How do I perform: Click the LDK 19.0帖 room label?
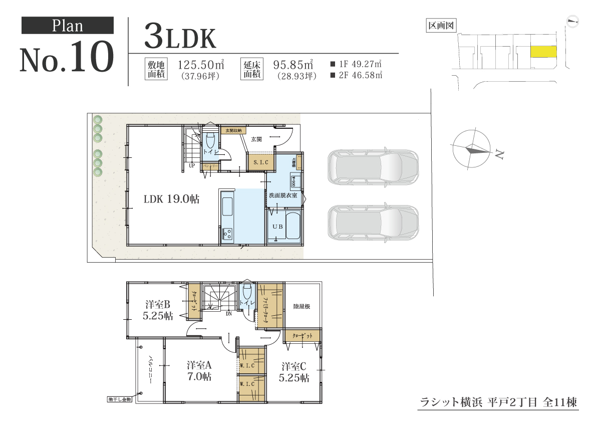click(171, 199)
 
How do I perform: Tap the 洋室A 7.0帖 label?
click(199, 370)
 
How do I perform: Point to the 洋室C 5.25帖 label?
click(294, 371)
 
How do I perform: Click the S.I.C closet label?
click(261, 162)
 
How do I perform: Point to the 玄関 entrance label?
click(256, 139)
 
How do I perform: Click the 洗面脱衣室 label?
click(283, 195)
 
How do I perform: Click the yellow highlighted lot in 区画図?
click(543, 52)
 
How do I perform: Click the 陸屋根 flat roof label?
click(302, 306)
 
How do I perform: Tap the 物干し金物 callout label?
click(119, 399)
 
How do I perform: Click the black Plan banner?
click(68, 26)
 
